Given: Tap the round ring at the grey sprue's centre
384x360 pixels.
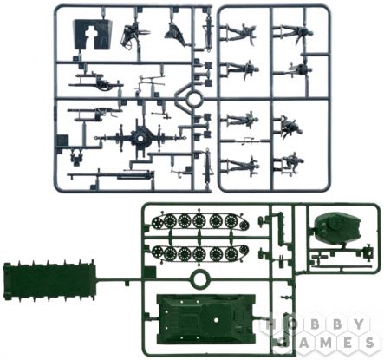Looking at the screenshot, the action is [x=193, y=99].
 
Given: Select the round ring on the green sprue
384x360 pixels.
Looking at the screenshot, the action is [x=199, y=278].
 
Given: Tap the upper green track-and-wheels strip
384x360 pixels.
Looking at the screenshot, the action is [x=200, y=221].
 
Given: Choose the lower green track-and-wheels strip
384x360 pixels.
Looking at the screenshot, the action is [x=200, y=253].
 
